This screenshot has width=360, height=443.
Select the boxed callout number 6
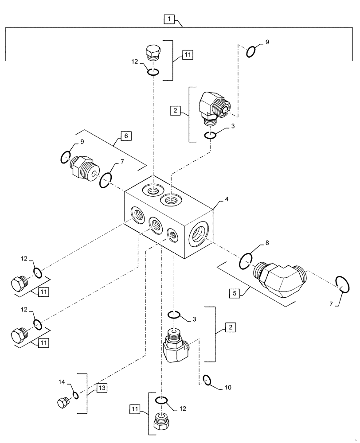point(126,136)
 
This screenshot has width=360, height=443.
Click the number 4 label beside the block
point(227,199)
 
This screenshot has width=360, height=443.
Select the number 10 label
point(228,387)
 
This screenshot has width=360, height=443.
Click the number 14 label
point(62,382)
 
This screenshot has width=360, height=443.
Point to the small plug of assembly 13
point(63,402)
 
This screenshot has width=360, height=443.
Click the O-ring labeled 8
point(246,261)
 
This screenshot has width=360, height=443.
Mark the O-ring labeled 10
point(206,379)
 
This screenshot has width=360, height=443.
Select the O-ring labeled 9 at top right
point(250,51)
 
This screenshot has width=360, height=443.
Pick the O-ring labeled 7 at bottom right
point(342,284)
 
